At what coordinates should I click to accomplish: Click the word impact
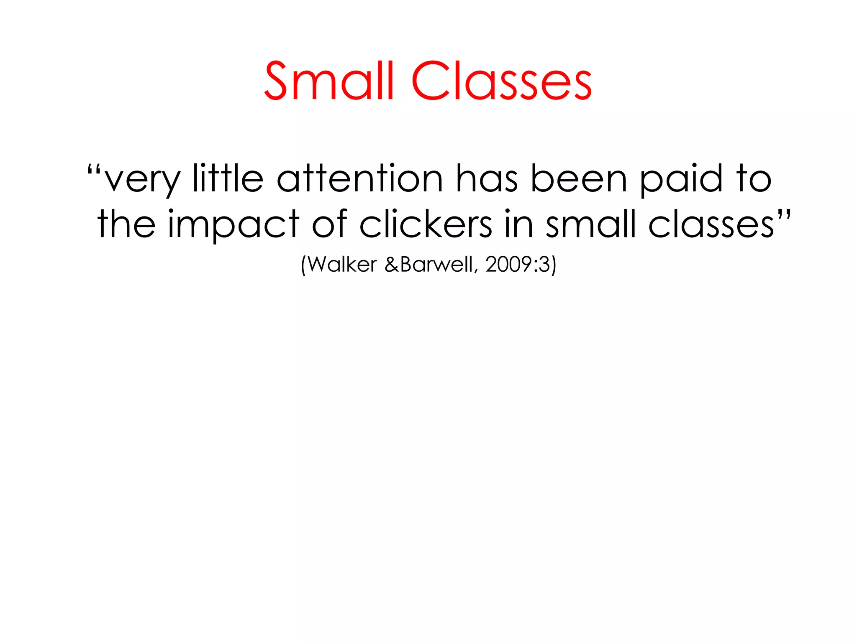(233, 226)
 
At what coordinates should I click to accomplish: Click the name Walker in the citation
(342, 264)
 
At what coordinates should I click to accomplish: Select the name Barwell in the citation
(436, 264)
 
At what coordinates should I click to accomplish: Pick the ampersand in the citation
(392, 265)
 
